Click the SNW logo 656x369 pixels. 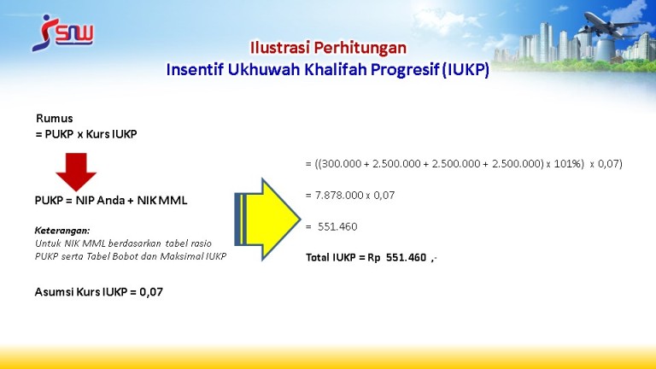[62, 33]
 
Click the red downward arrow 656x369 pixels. [76, 172]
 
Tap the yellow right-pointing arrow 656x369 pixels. [267, 220]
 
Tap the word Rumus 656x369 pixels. [55, 119]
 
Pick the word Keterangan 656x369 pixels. [61, 231]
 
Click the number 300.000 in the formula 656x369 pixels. [341, 164]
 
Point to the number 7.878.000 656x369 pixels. [339, 196]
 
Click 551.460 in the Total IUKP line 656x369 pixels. [406, 257]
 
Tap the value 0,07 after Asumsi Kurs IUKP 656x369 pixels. [151, 292]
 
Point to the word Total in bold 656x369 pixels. [318, 257]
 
